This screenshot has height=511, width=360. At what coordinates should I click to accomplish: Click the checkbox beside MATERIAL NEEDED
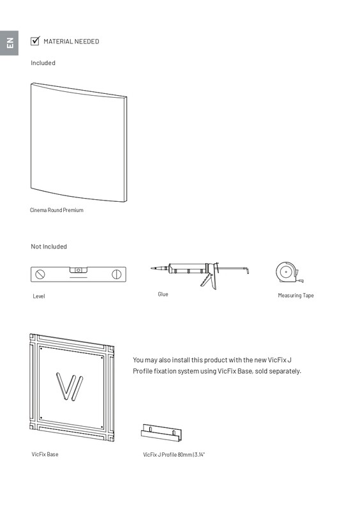[35, 41]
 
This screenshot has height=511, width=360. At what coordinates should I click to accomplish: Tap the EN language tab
[9, 43]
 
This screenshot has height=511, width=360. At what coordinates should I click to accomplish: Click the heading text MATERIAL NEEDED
[71, 42]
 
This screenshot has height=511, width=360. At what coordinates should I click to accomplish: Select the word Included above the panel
[43, 63]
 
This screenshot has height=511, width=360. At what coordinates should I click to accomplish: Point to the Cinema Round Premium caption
[57, 210]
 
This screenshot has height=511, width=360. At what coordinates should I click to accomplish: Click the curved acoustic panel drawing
[79, 142]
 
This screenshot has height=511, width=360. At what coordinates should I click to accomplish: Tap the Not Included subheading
[49, 247]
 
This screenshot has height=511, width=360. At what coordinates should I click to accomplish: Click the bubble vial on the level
[78, 270]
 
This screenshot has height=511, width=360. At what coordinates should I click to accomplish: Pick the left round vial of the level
[40, 275]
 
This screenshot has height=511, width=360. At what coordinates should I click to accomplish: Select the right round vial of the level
[117, 275]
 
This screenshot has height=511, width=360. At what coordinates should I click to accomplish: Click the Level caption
[39, 296]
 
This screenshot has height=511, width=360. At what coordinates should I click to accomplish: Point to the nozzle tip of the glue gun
[151, 268]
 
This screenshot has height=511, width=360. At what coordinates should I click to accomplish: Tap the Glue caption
[163, 294]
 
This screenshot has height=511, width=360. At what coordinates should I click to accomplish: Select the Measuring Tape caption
[296, 296]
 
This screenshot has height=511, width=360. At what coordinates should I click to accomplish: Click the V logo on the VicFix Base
[70, 386]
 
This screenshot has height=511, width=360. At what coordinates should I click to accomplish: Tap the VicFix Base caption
[45, 454]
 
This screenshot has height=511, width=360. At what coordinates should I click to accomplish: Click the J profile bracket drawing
[161, 433]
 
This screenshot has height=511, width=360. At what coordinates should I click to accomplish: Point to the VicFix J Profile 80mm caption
[174, 455]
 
